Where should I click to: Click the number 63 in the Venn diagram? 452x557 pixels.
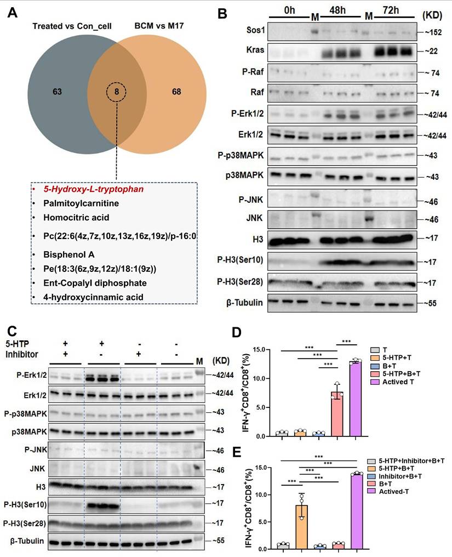[x=57, y=92]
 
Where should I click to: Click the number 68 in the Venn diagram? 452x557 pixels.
[x=176, y=92]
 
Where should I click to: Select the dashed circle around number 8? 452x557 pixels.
[x=117, y=92]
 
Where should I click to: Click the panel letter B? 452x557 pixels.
[x=222, y=13]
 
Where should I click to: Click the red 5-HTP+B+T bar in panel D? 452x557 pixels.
[x=338, y=414]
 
